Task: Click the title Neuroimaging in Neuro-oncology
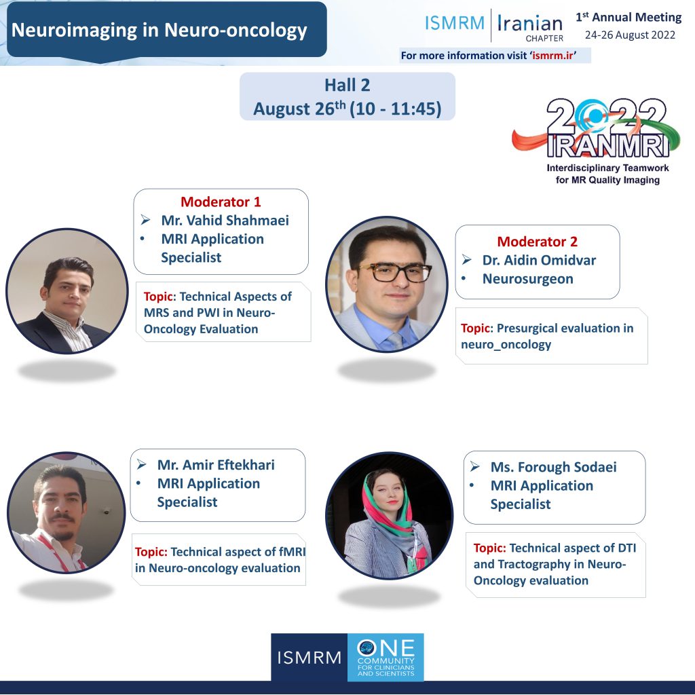[x=159, y=30]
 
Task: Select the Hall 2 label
[x=347, y=85]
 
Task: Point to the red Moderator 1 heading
[x=221, y=202]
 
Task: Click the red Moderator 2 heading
[x=538, y=242]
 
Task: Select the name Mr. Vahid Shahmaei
[x=225, y=221]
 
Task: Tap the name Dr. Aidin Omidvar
[x=539, y=260]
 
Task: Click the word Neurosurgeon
[x=527, y=279]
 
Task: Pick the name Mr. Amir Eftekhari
[x=216, y=465]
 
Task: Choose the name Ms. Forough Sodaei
[x=553, y=467]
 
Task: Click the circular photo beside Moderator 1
[x=67, y=290]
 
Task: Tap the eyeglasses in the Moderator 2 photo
[x=394, y=271]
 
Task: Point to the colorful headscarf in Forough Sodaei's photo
[x=388, y=510]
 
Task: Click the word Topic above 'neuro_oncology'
[x=476, y=328]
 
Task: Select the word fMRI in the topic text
[x=292, y=552]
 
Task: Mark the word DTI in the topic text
[x=626, y=548]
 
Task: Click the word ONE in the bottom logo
[x=386, y=648]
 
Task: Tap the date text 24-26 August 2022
[x=630, y=35]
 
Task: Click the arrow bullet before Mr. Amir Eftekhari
[x=142, y=464]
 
